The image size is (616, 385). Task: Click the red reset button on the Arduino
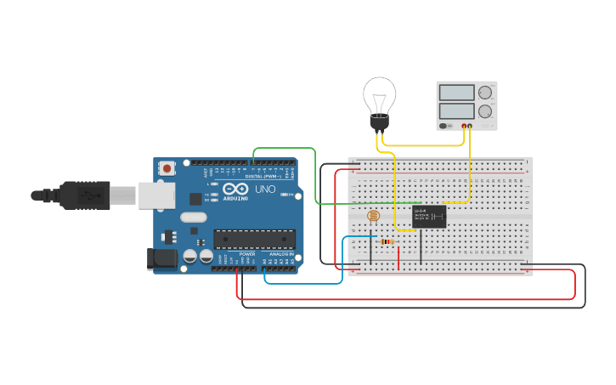click(167, 168)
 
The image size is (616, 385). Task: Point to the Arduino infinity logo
click(235, 188)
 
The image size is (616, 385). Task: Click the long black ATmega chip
click(255, 240)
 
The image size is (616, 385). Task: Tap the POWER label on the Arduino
click(247, 253)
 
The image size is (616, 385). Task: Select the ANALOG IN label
click(281, 253)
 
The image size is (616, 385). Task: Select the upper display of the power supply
click(457, 93)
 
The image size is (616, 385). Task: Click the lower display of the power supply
click(457, 110)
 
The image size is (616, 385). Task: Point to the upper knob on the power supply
click(485, 93)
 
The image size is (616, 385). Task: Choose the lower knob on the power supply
click(485, 110)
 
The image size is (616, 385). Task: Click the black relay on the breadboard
click(429, 217)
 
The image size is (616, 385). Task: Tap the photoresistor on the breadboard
click(373, 217)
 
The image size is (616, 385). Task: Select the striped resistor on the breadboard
click(387, 241)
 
